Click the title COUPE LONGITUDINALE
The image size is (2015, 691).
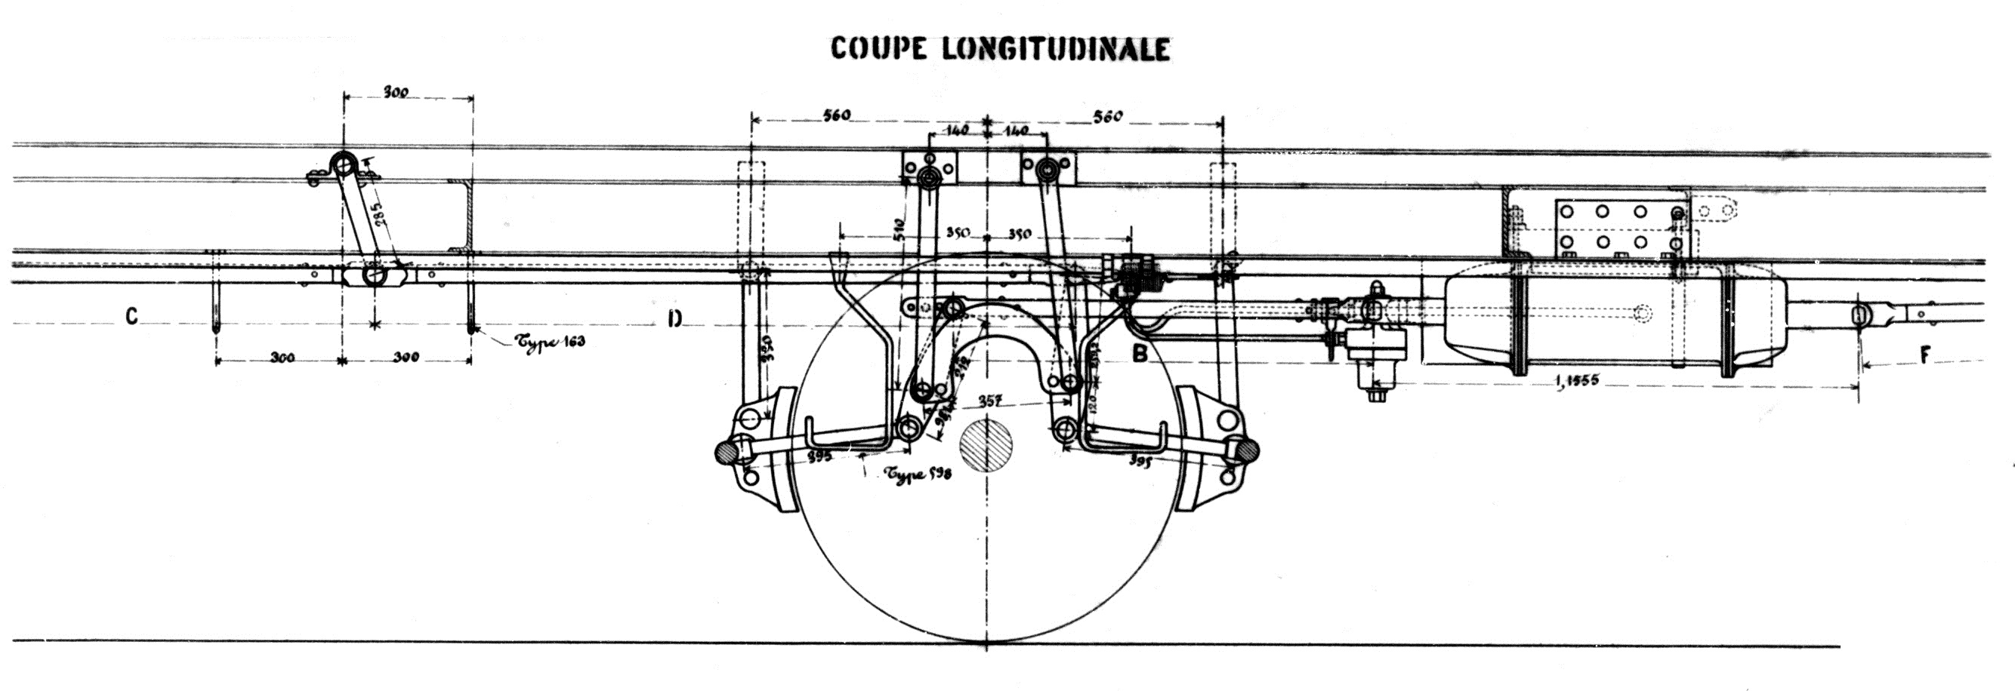tap(1000, 48)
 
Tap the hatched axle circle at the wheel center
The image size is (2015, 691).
tap(986, 447)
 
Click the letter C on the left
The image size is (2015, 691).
tap(131, 317)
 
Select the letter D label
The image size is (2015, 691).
tap(675, 319)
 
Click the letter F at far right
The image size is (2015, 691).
tap(1925, 355)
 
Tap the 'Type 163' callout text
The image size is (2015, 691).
tap(549, 342)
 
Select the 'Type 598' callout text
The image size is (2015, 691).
tap(918, 474)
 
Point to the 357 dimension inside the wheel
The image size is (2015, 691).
tap(990, 401)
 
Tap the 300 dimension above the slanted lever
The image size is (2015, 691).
tap(396, 92)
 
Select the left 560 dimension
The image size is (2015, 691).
tap(835, 115)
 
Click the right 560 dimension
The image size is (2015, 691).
tap(1107, 116)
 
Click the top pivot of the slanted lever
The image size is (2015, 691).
tap(342, 164)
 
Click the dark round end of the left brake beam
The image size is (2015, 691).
tap(727, 452)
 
